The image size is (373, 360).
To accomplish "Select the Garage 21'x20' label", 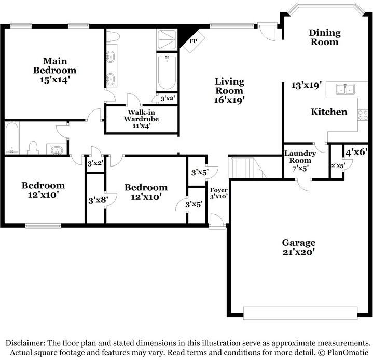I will tap(298, 247).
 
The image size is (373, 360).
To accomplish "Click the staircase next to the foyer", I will tap(243, 168).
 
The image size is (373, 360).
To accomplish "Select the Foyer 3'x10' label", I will tap(218, 193).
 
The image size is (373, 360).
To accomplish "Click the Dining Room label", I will tap(325, 37).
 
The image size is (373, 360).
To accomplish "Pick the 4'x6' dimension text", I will tap(356, 152).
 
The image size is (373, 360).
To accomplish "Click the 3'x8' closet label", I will tap(96, 199).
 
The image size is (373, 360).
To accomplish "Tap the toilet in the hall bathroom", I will tap(32, 147).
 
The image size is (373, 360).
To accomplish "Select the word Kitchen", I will tap(329, 112).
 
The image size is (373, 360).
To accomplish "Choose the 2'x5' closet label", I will tap(338, 165).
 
